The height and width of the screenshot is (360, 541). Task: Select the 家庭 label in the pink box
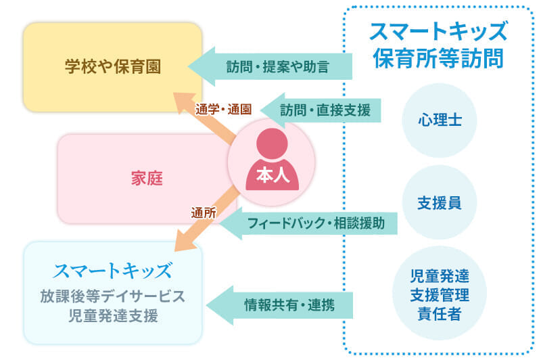147,179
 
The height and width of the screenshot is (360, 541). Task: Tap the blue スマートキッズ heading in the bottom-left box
113,271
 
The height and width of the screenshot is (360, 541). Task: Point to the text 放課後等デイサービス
113,296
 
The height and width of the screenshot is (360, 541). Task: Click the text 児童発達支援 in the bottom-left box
113,315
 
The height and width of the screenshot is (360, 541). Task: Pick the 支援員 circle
440,202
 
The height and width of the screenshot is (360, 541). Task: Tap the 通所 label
204,212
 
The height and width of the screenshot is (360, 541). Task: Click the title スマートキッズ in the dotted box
438,31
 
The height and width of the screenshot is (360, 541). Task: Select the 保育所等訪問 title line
438,58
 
